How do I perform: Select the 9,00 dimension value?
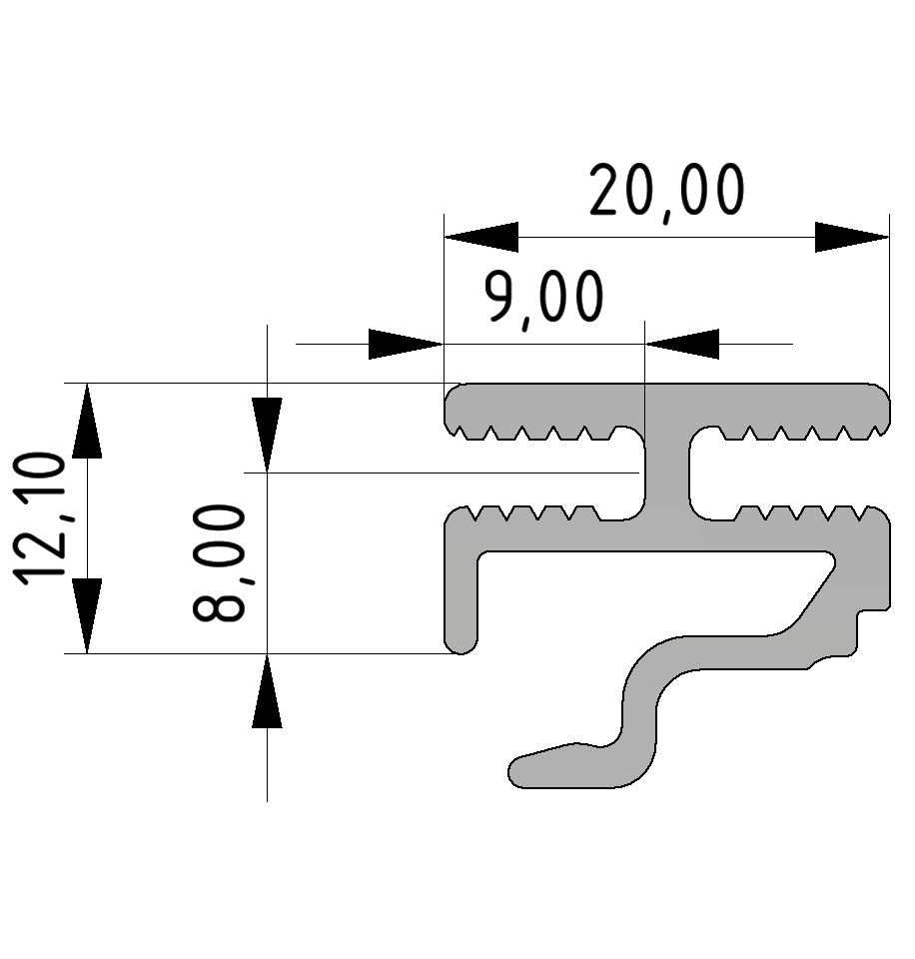pos(544,298)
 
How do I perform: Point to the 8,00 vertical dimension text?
pos(219,563)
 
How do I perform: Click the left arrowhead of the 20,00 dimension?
pos(481,237)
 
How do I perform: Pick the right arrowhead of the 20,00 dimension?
pos(851,237)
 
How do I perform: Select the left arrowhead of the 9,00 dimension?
pos(406,344)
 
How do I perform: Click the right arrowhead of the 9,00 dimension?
pos(683,344)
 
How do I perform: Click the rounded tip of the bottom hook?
pos(521,770)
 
